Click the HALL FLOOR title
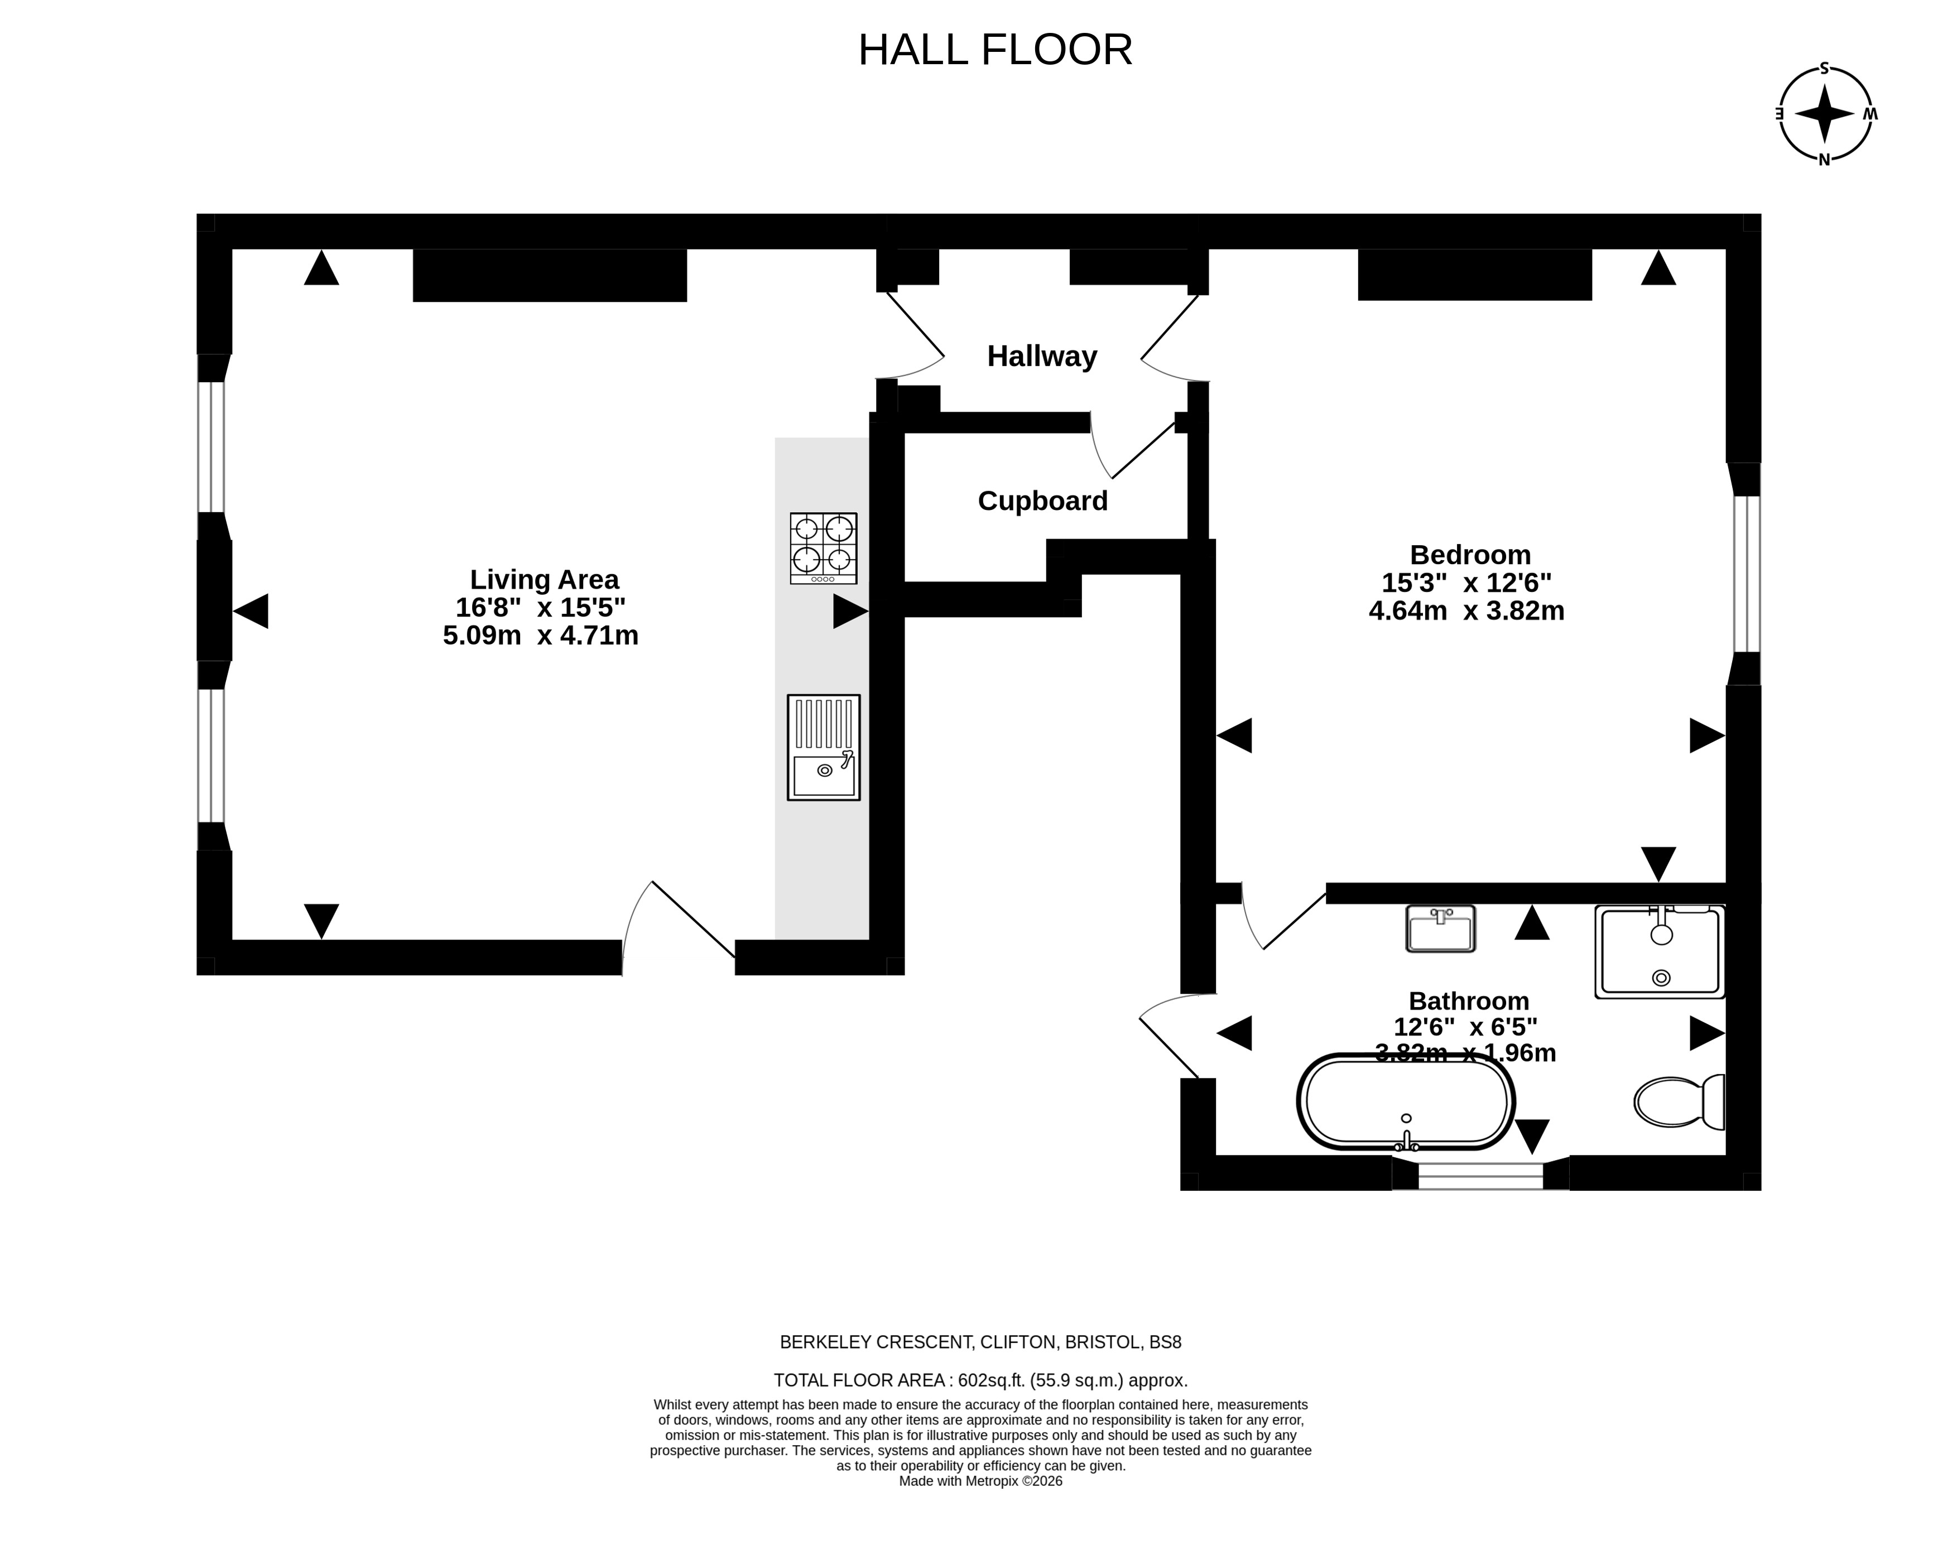(x=995, y=50)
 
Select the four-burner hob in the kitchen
(x=823, y=548)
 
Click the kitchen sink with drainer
(x=823, y=748)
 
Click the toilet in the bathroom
(x=1679, y=1102)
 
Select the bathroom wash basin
(x=1440, y=928)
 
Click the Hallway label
(x=1042, y=356)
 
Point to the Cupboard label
(x=1043, y=501)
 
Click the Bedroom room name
(x=1470, y=555)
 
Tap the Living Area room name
(x=544, y=579)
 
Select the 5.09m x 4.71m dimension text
(x=541, y=636)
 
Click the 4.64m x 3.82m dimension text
(x=1467, y=611)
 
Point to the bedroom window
(x=1747, y=574)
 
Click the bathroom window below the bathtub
(x=1480, y=1176)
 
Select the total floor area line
(x=980, y=1380)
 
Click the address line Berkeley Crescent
(x=980, y=1342)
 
